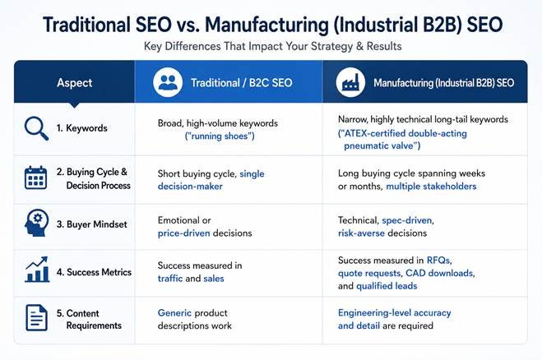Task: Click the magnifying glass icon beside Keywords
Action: (x=36, y=128)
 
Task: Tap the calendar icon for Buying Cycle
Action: (x=35, y=178)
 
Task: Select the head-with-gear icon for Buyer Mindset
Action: (x=37, y=223)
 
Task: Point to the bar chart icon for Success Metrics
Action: (x=37, y=270)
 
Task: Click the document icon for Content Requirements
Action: (x=36, y=317)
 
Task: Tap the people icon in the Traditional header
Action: (x=168, y=82)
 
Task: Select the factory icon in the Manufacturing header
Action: (x=350, y=82)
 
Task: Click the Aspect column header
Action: (x=74, y=83)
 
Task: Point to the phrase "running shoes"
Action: (x=220, y=136)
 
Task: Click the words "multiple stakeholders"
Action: (x=431, y=187)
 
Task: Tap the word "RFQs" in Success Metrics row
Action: (x=438, y=261)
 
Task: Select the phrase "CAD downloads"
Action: (x=439, y=273)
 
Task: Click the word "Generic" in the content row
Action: (x=174, y=313)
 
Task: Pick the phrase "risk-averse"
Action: (x=361, y=233)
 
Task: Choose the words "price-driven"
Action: (x=184, y=233)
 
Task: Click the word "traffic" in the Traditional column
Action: (x=170, y=279)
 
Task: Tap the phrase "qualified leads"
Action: (x=387, y=286)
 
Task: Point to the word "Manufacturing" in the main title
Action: (x=266, y=25)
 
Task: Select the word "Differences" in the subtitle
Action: (x=192, y=46)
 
